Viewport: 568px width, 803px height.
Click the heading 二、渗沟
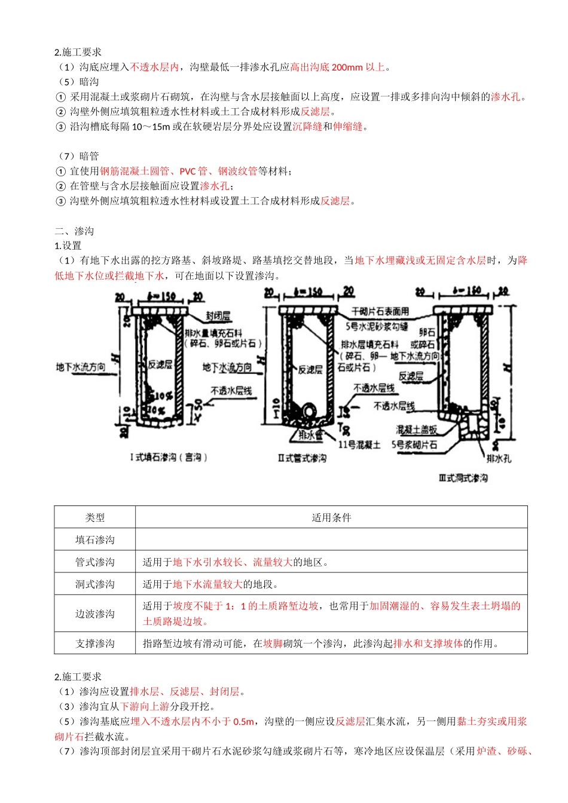[74, 231]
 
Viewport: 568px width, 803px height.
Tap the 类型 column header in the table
[94, 517]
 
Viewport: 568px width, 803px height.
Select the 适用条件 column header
[331, 517]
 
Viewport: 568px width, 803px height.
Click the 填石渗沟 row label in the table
[94, 540]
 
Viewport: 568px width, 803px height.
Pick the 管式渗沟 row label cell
[94, 562]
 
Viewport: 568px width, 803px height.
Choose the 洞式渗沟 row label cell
[94, 584]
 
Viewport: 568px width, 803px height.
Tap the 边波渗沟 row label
[94, 614]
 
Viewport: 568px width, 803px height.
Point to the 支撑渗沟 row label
[94, 643]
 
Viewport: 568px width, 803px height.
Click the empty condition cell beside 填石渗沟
[331, 540]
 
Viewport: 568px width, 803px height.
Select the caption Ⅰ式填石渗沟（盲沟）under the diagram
[169, 457]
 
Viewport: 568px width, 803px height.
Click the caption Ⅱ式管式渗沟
[302, 458]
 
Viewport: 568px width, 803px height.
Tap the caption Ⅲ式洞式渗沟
[463, 478]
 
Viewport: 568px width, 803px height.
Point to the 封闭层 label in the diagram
[218, 316]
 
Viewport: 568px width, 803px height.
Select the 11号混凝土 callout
[359, 445]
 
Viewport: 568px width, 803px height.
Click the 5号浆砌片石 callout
[414, 445]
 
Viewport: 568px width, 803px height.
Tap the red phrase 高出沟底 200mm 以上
[338, 67]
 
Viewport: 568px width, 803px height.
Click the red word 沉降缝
[307, 127]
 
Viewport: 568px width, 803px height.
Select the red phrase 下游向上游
[145, 706]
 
